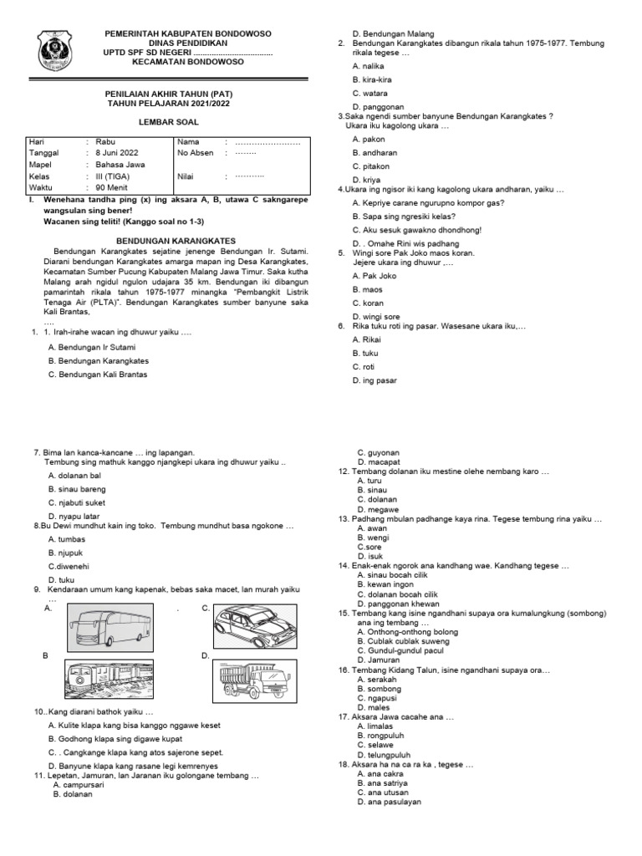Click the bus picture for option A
pyautogui.click(x=110, y=624)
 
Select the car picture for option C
pyautogui.click(x=252, y=623)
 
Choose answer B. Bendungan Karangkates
pyautogui.click(x=99, y=360)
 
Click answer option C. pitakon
pyautogui.click(x=369, y=166)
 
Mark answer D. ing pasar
pyautogui.click(x=374, y=380)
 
